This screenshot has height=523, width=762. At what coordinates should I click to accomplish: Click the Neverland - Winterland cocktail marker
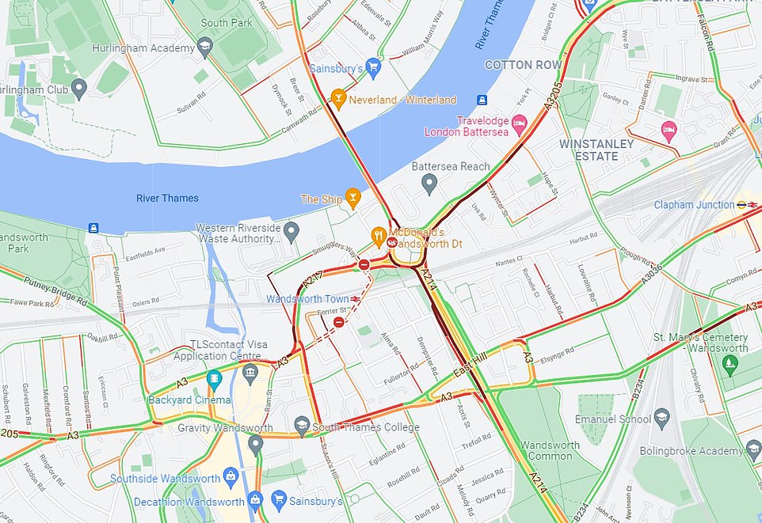click(339, 100)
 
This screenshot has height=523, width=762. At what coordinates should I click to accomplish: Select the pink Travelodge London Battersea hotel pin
click(520, 123)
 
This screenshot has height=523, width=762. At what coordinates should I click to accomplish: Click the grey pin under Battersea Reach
click(429, 184)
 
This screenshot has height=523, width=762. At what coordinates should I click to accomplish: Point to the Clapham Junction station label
click(694, 205)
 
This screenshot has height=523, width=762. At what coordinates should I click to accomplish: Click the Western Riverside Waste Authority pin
click(291, 233)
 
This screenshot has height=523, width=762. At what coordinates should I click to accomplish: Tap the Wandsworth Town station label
click(307, 299)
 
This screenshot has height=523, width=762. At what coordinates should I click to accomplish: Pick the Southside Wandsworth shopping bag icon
click(231, 478)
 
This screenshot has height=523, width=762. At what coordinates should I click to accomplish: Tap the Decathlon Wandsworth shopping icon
click(255, 501)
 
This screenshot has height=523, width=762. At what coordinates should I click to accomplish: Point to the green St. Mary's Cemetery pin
click(730, 365)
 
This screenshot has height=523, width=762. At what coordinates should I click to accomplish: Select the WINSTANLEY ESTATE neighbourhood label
click(596, 150)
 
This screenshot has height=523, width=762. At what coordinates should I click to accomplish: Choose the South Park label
click(226, 23)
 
